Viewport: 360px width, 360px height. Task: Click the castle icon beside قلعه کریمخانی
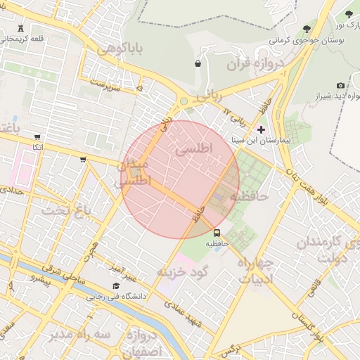pyautogui.click(x=19, y=28)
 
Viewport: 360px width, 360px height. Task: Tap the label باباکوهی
pyautogui.click(x=120, y=49)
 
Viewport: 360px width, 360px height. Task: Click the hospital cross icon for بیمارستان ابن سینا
pyautogui.click(x=262, y=129)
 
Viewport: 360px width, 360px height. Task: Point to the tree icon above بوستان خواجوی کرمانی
pyautogui.click(x=307, y=29)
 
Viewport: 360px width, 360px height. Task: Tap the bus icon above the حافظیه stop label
pyautogui.click(x=217, y=232)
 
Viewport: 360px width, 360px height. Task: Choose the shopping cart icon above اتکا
pyautogui.click(x=37, y=137)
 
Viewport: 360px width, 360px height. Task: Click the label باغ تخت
pyautogui.click(x=67, y=210)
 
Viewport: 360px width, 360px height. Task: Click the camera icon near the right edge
pyautogui.click(x=340, y=85)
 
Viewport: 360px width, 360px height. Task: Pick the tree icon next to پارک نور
pyautogui.click(x=349, y=14)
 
